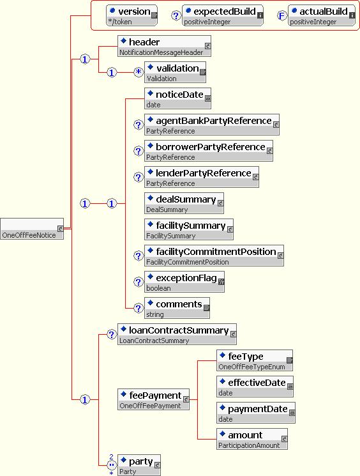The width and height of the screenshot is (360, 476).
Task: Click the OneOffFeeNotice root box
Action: (32, 229)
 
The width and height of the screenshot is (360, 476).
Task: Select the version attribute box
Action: (131, 15)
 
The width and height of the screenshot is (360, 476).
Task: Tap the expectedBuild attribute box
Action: (223, 15)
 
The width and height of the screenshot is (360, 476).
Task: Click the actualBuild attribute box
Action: (322, 15)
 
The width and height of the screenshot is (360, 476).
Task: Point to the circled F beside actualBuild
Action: (281, 15)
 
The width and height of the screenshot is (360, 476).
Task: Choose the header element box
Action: (164, 46)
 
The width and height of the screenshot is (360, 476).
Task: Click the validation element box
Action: (175, 72)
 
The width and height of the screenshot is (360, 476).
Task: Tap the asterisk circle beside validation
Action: (139, 72)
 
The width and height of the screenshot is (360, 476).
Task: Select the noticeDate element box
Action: (177, 98)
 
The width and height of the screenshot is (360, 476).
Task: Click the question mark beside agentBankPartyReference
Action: (139, 125)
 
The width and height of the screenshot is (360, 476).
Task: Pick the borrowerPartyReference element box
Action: (208, 151)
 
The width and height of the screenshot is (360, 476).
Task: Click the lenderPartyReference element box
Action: (201, 177)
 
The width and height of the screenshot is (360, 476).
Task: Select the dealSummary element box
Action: (184, 203)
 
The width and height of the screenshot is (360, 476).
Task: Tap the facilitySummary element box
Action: (189, 229)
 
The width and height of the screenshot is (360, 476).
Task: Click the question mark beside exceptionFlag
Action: (139, 282)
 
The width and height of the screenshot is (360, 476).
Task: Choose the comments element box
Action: (177, 308)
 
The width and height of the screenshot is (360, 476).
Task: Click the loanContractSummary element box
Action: (177, 334)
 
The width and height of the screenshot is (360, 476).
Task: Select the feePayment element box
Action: (153, 399)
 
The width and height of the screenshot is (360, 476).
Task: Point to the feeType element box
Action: (255, 360)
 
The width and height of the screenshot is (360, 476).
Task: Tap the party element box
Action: (139, 464)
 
